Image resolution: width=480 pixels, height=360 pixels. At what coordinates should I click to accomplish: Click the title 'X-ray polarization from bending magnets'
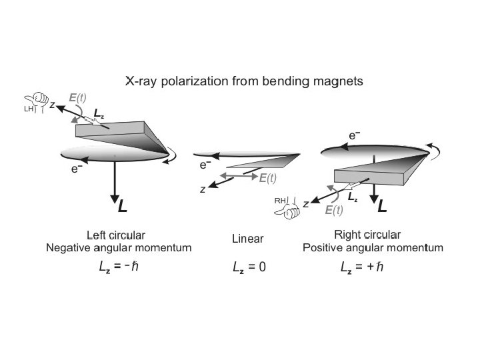point(244,82)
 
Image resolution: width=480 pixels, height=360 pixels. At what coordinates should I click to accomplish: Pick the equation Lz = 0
point(249,267)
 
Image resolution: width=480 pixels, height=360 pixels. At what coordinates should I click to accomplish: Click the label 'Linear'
point(248,238)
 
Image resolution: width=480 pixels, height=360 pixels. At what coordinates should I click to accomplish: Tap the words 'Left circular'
point(117,235)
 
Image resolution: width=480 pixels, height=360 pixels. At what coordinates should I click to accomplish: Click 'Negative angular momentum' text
point(119,247)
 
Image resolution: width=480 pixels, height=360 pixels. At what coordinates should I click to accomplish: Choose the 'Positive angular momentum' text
point(373,247)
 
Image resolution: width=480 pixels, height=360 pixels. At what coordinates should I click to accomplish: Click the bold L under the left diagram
point(122,207)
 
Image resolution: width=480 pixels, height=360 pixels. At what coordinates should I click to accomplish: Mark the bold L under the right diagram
point(382,207)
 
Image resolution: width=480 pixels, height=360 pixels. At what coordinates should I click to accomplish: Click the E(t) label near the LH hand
point(78,97)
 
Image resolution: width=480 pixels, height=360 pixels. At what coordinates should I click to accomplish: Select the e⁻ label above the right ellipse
point(355,136)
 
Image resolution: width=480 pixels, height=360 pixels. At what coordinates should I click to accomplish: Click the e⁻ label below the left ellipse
point(77,169)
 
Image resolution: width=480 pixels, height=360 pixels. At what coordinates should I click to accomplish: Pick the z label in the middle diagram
point(203,190)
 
